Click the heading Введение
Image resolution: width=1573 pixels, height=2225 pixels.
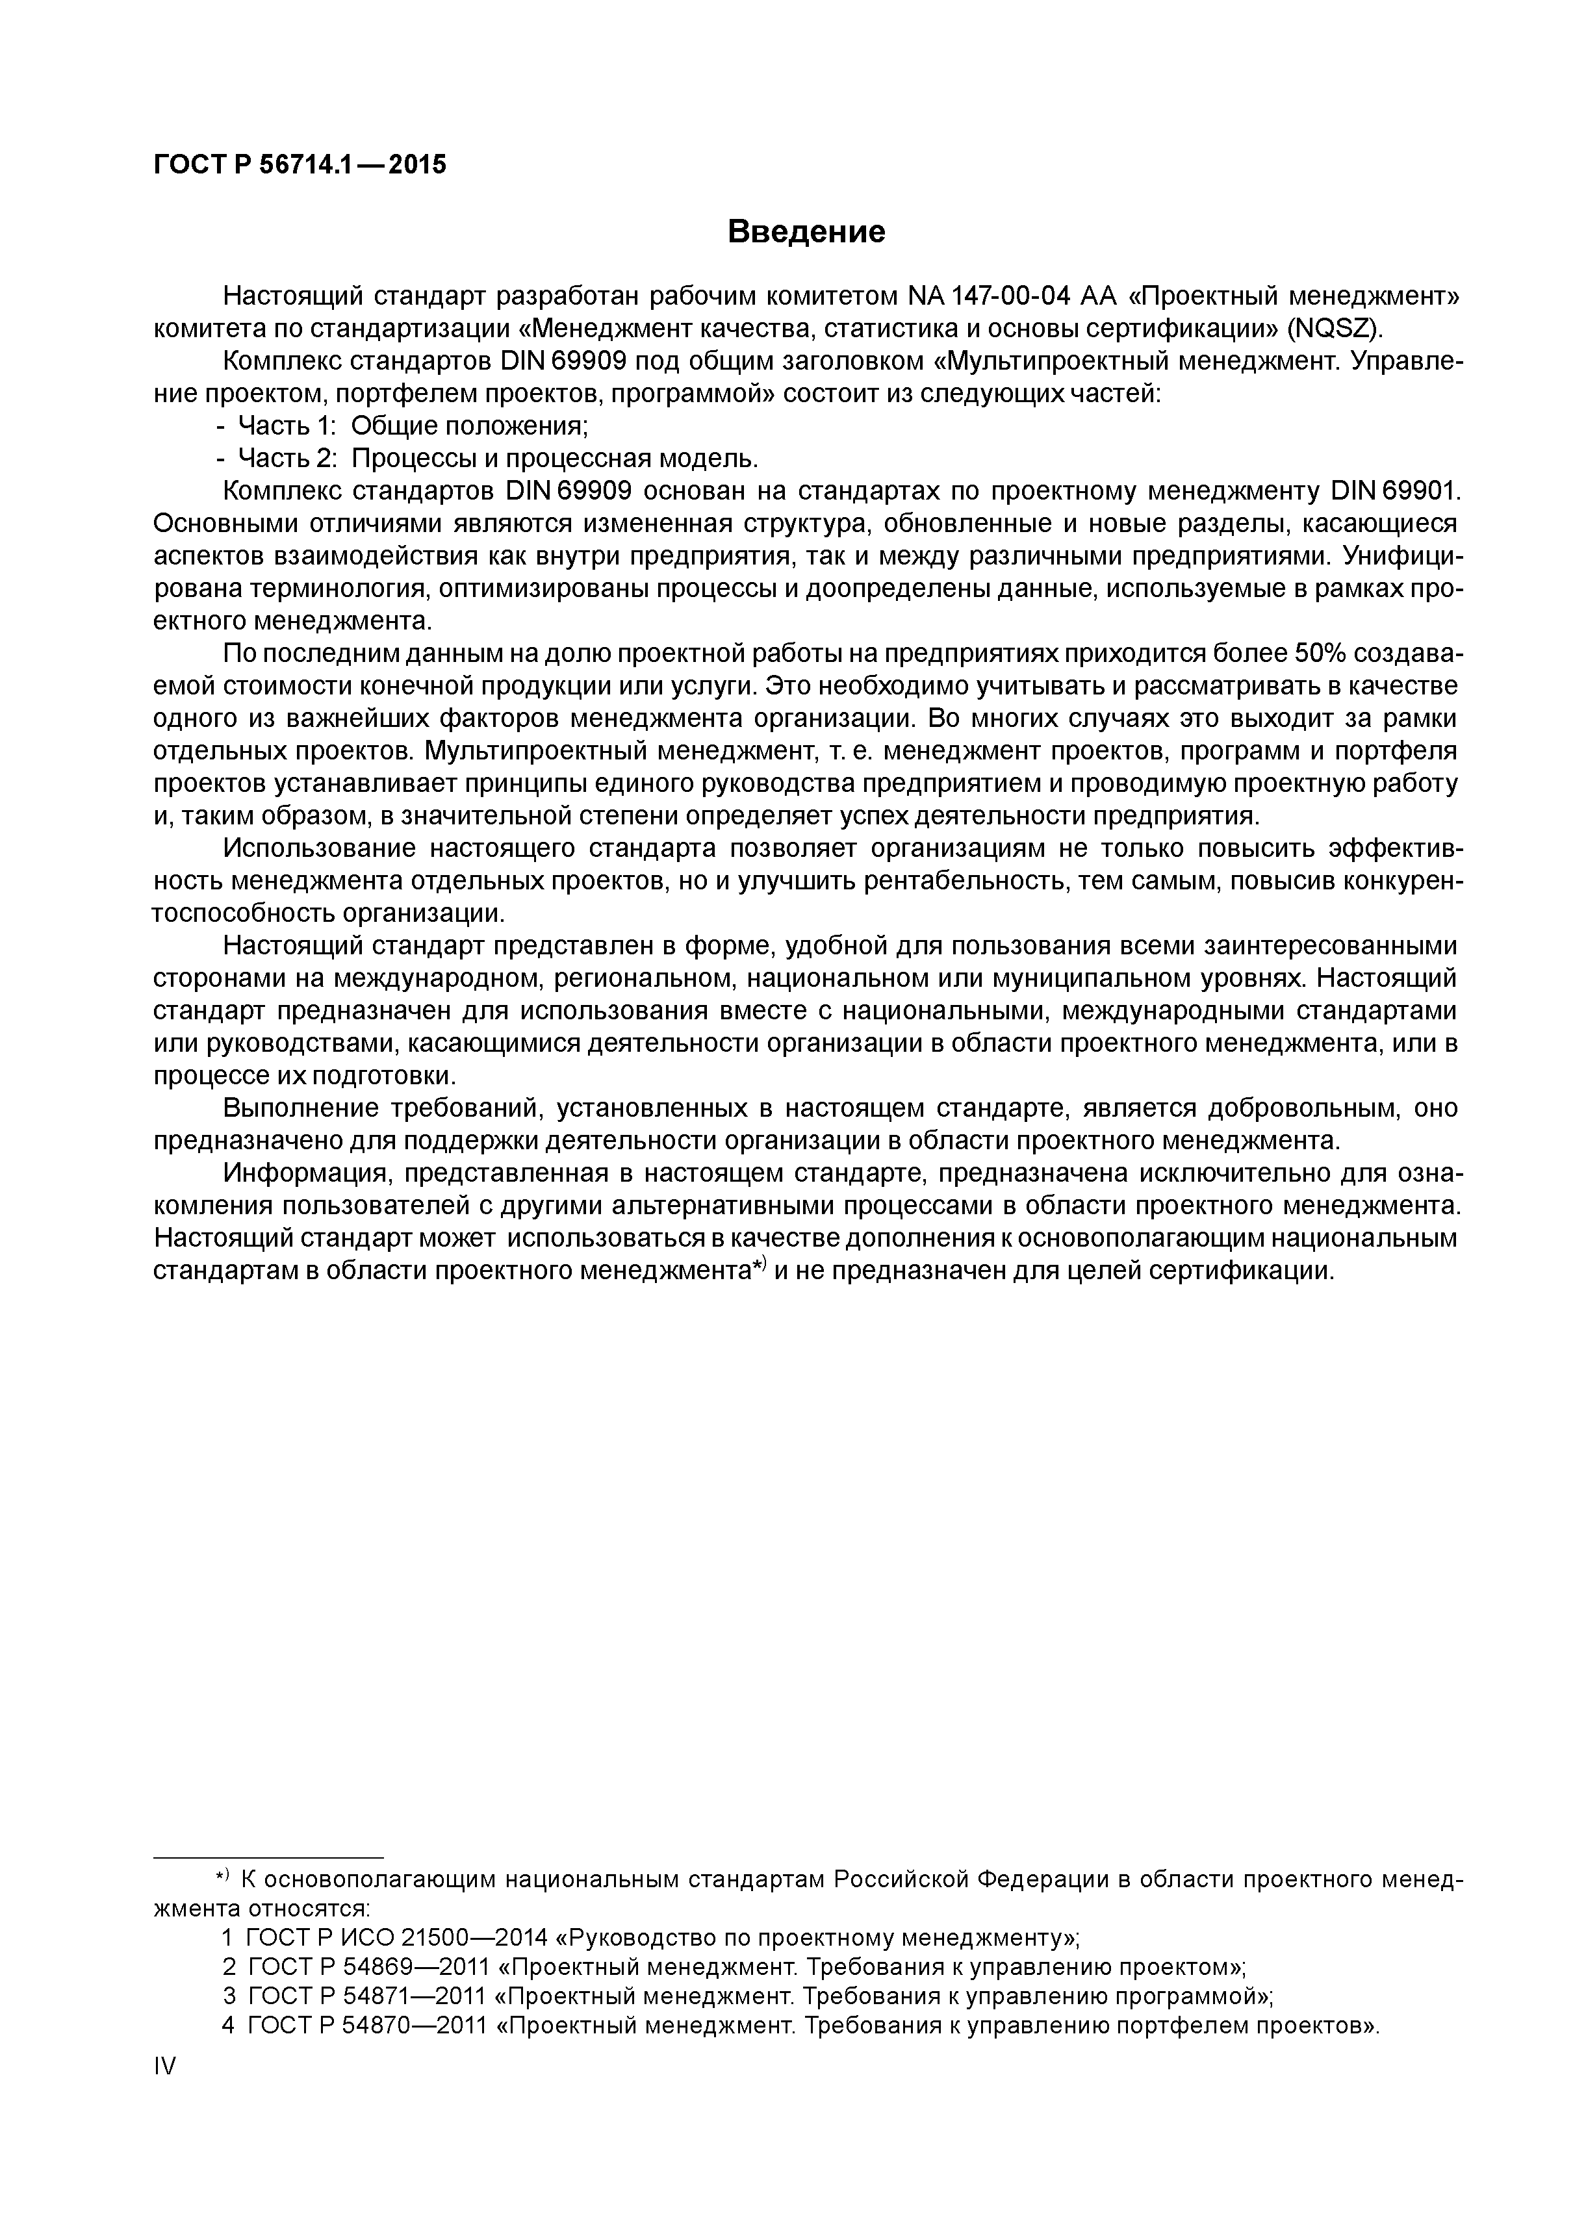pyautogui.click(x=806, y=233)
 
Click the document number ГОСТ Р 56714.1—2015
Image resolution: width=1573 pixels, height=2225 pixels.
pyautogui.click(x=300, y=165)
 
